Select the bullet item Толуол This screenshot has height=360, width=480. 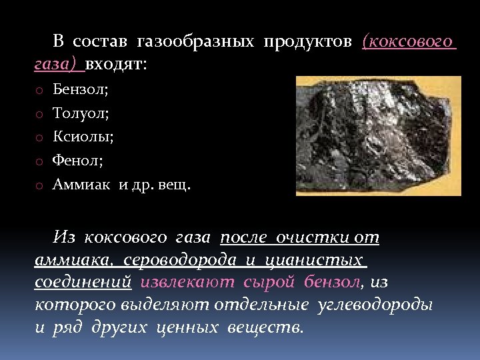tap(81, 113)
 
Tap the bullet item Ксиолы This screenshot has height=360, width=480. tap(83, 137)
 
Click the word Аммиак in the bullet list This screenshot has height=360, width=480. tap(83, 185)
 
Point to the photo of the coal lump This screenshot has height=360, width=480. tap(378, 135)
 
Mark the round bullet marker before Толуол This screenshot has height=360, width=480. tap(39, 114)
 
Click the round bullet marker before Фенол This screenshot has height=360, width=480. tap(39, 162)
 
